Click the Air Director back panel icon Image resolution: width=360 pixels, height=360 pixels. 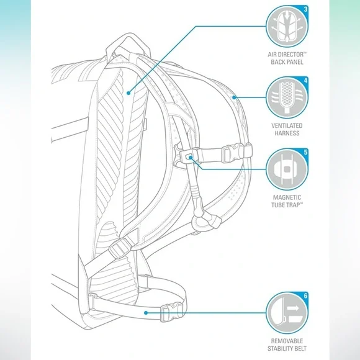click(x=287, y=27)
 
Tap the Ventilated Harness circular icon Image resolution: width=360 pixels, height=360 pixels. click(x=287, y=97)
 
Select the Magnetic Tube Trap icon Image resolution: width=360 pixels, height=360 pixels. click(x=287, y=169)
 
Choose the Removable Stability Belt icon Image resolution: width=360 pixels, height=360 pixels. click(x=287, y=313)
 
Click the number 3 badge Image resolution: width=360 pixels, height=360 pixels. click(x=305, y=9)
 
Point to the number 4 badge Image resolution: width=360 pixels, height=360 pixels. click(x=305, y=80)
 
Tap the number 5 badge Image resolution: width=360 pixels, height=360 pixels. click(x=305, y=152)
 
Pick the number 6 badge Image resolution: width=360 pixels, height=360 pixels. click(x=305, y=295)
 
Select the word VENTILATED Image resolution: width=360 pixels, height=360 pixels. click(x=287, y=126)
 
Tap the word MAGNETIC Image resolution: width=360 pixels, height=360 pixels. click(x=287, y=197)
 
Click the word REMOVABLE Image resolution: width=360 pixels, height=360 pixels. click(x=287, y=341)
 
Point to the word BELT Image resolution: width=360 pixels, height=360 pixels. click(x=300, y=349)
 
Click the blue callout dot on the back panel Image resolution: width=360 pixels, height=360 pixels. click(x=128, y=93)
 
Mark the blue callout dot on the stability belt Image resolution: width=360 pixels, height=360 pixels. click(x=146, y=313)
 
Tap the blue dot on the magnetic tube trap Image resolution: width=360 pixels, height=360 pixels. click(x=191, y=157)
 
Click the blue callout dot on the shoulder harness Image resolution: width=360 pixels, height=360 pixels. click(x=234, y=97)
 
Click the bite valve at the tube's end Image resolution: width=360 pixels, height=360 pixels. click(x=206, y=222)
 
